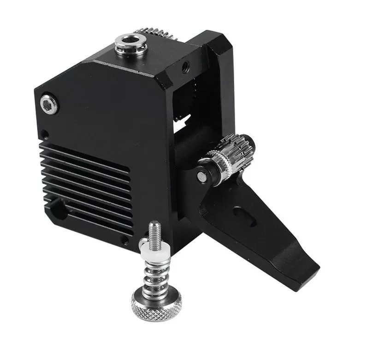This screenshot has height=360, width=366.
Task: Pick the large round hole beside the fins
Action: pyautogui.click(x=59, y=209)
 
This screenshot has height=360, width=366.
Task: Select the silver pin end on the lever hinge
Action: pyautogui.click(x=201, y=176)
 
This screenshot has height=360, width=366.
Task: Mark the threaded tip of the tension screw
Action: pyautogui.click(x=155, y=230)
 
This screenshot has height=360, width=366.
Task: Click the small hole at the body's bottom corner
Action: pyautogui.click(x=124, y=240)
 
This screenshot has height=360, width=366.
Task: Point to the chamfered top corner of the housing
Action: pyautogui.click(x=166, y=78)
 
